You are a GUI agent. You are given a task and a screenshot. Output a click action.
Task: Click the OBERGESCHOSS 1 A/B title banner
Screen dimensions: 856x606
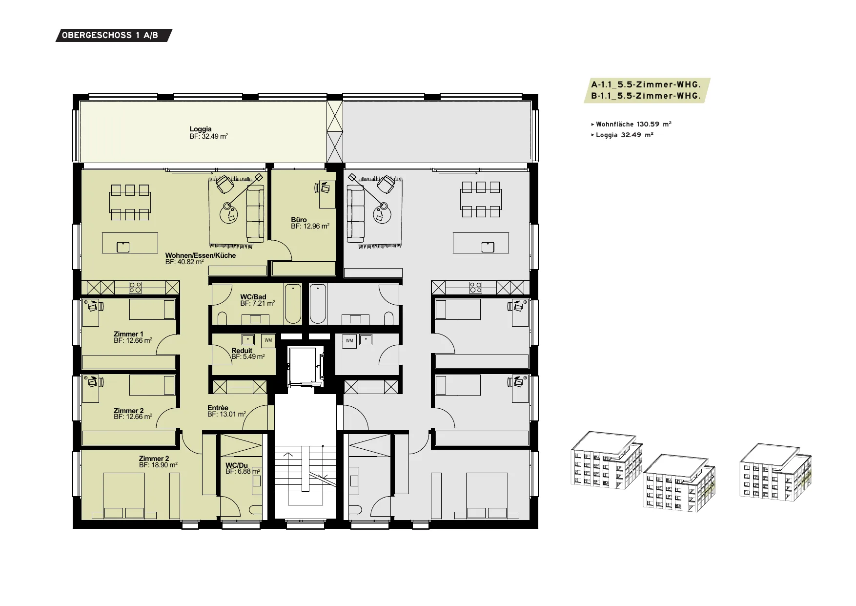point(114,35)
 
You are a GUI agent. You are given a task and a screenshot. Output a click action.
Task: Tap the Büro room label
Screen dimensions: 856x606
point(299,220)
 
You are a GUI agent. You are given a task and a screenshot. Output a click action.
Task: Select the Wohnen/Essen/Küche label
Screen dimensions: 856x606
point(201,255)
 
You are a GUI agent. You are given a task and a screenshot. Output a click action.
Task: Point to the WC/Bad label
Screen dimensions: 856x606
point(253,297)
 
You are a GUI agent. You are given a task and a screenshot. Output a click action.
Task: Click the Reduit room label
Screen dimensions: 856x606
point(242,351)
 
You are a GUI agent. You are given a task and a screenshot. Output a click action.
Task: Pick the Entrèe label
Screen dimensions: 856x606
point(218,408)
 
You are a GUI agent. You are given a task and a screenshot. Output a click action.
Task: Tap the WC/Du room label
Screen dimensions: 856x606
point(237,465)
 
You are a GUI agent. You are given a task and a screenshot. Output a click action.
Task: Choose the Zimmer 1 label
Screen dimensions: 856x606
point(128,334)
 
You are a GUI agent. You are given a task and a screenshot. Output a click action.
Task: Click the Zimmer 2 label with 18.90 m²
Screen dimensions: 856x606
point(154,459)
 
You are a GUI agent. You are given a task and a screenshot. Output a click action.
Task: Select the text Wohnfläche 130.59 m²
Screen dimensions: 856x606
point(633,124)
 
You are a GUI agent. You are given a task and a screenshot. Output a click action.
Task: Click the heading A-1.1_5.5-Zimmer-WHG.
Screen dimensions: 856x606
point(646,85)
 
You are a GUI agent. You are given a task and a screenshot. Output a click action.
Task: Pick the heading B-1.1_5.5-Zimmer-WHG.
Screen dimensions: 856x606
point(646,96)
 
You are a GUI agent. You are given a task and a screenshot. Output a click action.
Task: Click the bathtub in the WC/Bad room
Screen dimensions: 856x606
point(293,303)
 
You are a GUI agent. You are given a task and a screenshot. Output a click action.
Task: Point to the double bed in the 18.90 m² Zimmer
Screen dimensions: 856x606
point(124,496)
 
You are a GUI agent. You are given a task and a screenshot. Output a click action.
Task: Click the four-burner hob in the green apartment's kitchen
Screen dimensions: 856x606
point(135,288)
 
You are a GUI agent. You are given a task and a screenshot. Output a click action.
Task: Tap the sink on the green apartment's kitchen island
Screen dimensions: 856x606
point(123,247)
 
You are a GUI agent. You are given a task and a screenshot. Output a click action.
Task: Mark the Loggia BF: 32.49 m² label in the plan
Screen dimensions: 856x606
point(209,133)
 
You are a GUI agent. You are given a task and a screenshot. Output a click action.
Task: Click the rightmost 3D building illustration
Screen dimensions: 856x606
point(776,471)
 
